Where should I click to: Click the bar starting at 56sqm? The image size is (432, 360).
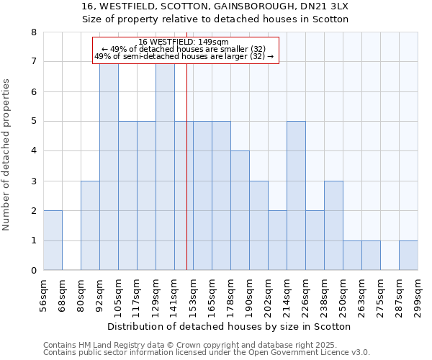click(53, 240)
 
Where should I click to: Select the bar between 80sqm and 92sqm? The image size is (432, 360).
click(90, 225)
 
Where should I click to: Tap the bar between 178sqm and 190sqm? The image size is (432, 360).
click(240, 210)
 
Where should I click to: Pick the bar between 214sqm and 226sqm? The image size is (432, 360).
click(296, 195)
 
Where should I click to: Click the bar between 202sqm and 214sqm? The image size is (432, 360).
click(277, 240)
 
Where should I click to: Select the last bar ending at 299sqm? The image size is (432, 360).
click(408, 256)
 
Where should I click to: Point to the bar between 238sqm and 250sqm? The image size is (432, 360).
click(333, 225)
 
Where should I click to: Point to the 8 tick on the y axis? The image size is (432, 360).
click(33, 32)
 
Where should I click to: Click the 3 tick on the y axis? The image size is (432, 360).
click(33, 181)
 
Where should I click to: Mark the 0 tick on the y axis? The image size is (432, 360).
click(33, 271)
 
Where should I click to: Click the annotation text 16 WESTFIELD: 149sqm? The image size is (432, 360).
click(184, 42)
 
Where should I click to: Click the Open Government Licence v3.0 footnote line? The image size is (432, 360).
click(207, 353)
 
